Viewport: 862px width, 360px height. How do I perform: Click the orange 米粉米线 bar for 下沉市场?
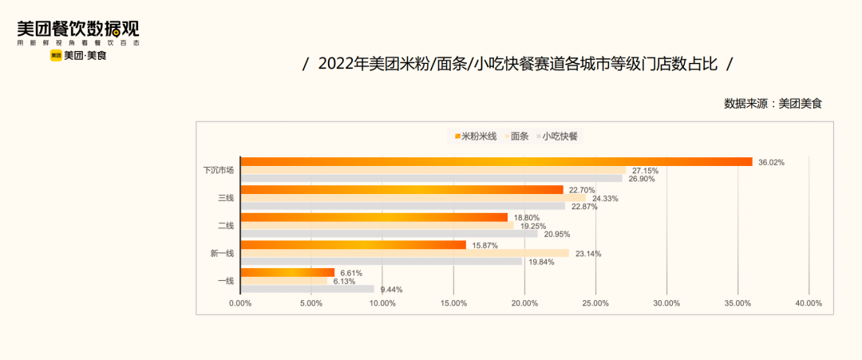pyautogui.click(x=495, y=162)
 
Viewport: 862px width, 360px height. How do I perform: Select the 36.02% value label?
pyautogui.click(x=771, y=162)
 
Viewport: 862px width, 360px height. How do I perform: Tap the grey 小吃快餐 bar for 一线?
pyautogui.click(x=307, y=289)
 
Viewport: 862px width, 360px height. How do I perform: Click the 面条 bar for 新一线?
pyautogui.click(x=405, y=253)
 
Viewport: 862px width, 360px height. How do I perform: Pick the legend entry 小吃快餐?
pyautogui.click(x=560, y=136)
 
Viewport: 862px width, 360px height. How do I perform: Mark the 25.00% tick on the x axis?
pyautogui.click(x=595, y=303)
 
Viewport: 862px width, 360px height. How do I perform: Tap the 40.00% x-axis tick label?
pyautogui.click(x=809, y=303)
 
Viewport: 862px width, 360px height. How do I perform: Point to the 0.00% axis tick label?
pyautogui.click(x=240, y=303)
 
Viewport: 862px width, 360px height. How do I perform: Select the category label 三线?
pyautogui.click(x=225, y=198)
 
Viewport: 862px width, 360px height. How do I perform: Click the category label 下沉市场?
pyautogui.click(x=218, y=170)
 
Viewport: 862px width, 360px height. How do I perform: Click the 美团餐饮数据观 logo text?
pyautogui.click(x=78, y=30)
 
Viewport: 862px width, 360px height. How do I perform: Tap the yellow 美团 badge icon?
pyautogui.click(x=56, y=56)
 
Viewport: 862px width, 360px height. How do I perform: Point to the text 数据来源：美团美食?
pyautogui.click(x=772, y=103)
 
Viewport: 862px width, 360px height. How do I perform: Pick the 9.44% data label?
pyautogui.click(x=392, y=290)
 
